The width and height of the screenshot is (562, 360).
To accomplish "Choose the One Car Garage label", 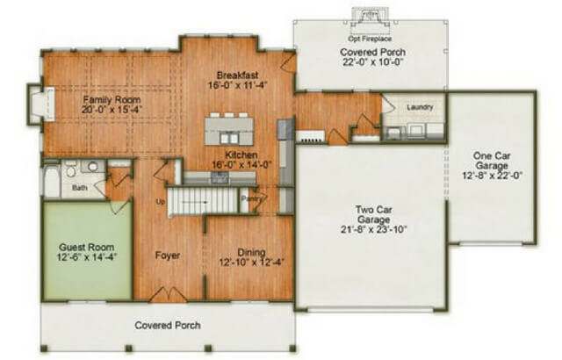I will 494,160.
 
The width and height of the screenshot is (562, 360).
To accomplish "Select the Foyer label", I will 168,256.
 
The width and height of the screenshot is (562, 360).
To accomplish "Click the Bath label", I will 80,186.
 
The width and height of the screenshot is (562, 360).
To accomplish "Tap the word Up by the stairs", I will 159,202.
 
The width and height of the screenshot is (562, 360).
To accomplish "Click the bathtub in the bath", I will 51,180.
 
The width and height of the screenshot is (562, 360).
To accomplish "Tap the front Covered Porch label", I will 167,325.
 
